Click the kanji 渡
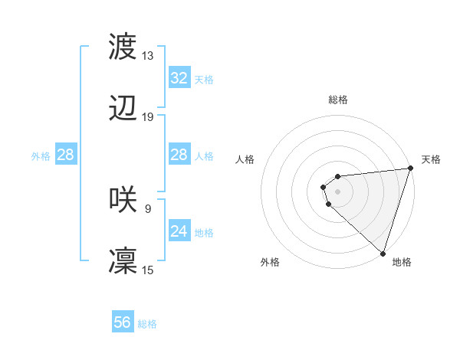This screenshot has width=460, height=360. coord(123,47)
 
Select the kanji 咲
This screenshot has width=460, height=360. coord(123,198)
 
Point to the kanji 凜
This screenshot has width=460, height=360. coord(123,261)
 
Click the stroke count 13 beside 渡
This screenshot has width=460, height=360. coord(148,56)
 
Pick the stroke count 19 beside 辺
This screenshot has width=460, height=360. coord(148,117)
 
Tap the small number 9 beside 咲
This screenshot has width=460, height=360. coord(148,208)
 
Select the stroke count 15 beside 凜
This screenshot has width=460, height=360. coord(148,270)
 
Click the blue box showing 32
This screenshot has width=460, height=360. coord(179,78)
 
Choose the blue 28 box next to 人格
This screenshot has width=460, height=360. coord(179,155)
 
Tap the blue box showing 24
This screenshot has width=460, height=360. coord(179,231)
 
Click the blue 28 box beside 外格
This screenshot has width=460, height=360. coord(66,155)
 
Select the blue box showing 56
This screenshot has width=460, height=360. coord(123,322)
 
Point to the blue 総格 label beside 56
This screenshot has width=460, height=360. coord(148,324)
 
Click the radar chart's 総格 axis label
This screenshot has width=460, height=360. coord(338,100)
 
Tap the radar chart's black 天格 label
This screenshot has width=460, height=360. coord(431,159)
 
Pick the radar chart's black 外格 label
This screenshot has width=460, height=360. coord(270,263)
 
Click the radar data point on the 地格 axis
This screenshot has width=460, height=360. coord(383,253)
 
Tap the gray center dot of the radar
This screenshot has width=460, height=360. coord(338,191)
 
